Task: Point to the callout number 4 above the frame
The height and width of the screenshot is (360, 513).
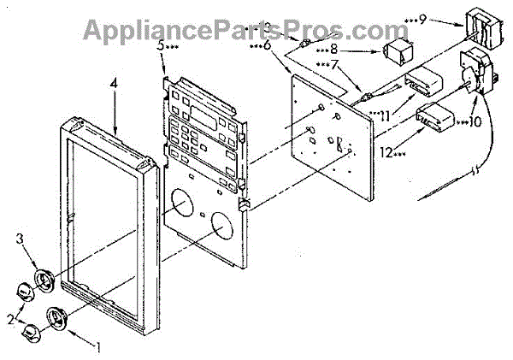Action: tap(114, 83)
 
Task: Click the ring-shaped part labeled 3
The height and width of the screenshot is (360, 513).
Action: tap(44, 281)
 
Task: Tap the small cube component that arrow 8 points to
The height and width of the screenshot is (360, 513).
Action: tap(397, 52)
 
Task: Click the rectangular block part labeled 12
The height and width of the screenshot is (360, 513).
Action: tap(436, 117)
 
